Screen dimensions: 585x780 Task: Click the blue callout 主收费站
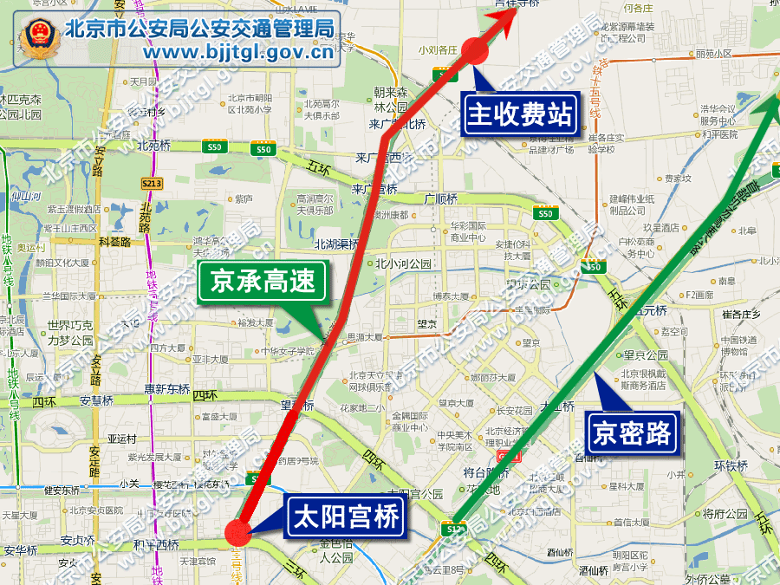(x=521, y=114)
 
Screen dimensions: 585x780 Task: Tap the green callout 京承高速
(x=263, y=283)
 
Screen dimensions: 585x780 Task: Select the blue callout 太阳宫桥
(x=347, y=518)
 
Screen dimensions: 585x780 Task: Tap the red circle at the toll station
(x=475, y=50)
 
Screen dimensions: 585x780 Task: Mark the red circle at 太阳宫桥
(x=237, y=533)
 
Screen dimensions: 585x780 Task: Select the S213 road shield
(x=152, y=184)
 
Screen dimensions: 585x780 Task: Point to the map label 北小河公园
(x=403, y=264)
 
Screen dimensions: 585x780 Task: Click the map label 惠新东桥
(x=166, y=388)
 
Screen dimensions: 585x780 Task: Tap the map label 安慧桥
(x=97, y=400)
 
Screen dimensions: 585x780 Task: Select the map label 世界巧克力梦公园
(x=70, y=333)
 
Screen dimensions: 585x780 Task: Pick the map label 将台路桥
(x=485, y=472)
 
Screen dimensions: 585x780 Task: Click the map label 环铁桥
(x=730, y=465)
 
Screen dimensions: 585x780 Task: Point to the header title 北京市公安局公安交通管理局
(x=199, y=29)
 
